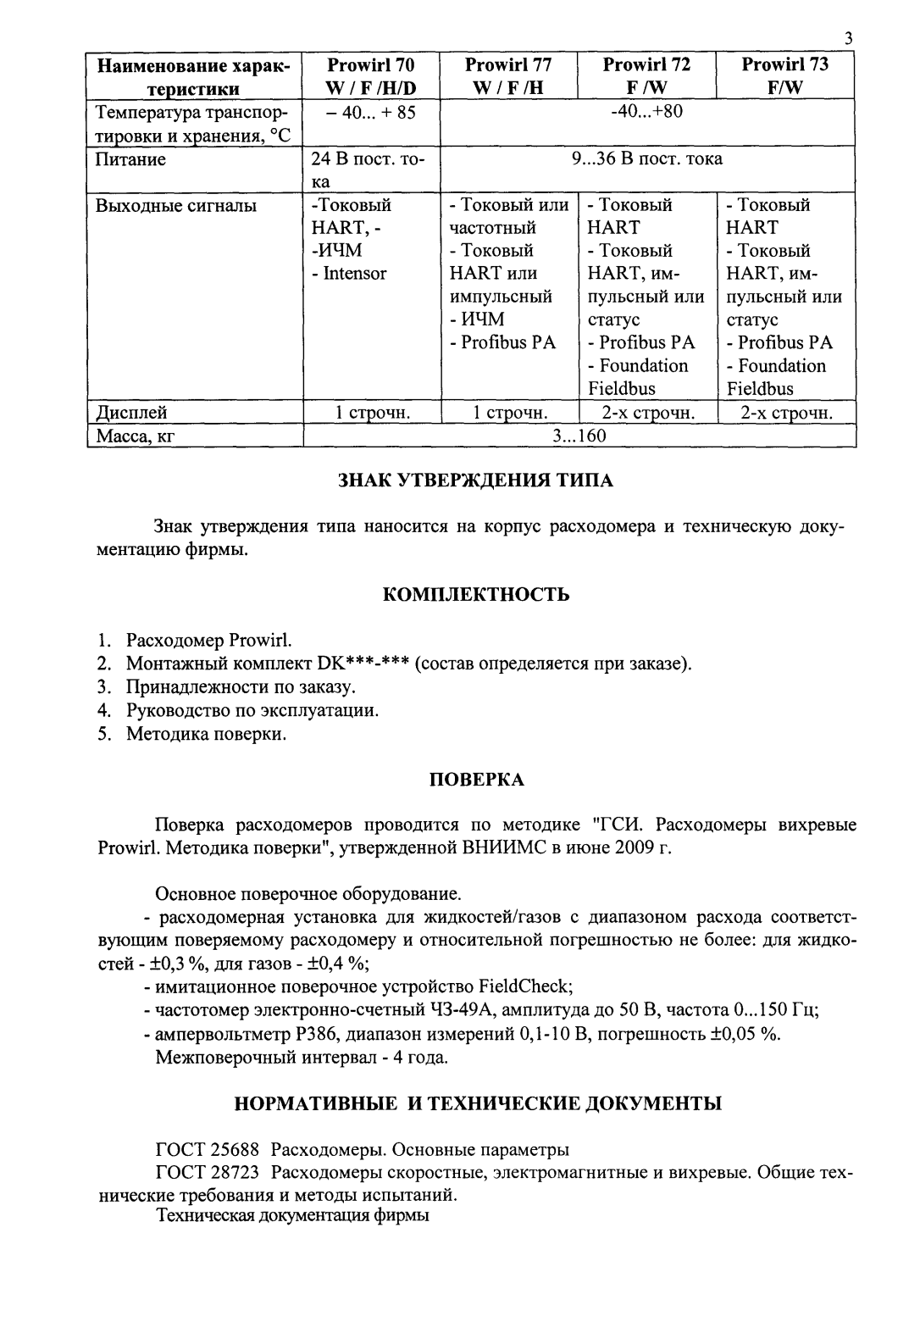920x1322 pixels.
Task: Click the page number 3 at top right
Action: (848, 39)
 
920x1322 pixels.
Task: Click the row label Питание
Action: (130, 159)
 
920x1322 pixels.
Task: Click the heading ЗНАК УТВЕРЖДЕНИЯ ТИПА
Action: (475, 480)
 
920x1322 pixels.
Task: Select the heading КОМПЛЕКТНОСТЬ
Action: (476, 594)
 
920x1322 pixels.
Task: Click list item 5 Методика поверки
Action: (206, 734)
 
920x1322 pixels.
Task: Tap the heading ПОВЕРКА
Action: (476, 780)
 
